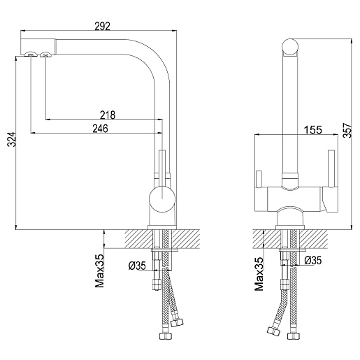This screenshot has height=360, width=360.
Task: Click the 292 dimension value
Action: (102, 26)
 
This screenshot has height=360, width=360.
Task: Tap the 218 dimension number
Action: (108, 115)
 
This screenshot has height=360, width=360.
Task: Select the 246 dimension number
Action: (101, 129)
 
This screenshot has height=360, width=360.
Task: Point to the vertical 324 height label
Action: (11, 139)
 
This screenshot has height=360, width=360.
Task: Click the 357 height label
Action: (347, 130)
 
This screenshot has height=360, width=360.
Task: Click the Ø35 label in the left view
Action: (137, 266)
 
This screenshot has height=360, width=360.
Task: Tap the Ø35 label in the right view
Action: (313, 260)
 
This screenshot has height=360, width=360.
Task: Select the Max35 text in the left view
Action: (99, 271)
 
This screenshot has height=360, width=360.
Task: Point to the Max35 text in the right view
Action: (259, 274)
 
